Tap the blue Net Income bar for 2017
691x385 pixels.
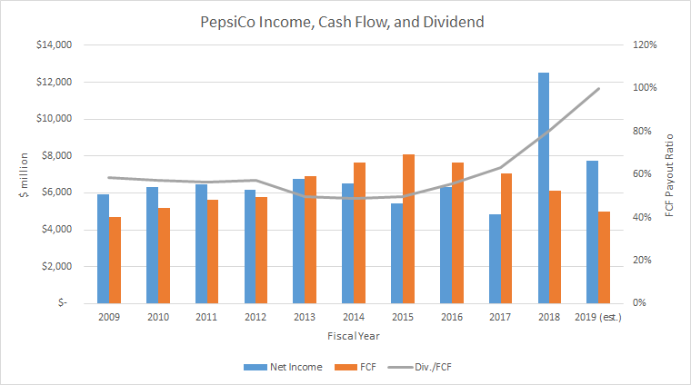[x=495, y=259]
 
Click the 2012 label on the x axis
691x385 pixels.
[x=255, y=317]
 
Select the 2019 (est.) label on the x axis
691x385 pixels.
[x=598, y=317]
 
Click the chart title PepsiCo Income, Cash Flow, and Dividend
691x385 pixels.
[x=345, y=17]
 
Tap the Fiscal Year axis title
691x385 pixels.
[x=348, y=335]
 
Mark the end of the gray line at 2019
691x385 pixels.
[x=597, y=89]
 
